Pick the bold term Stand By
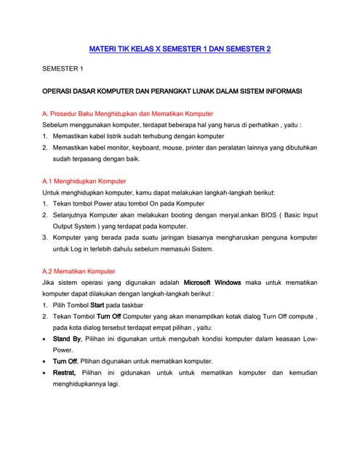point(67,339)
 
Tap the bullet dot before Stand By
point(46,339)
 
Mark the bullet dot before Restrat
point(46,373)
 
